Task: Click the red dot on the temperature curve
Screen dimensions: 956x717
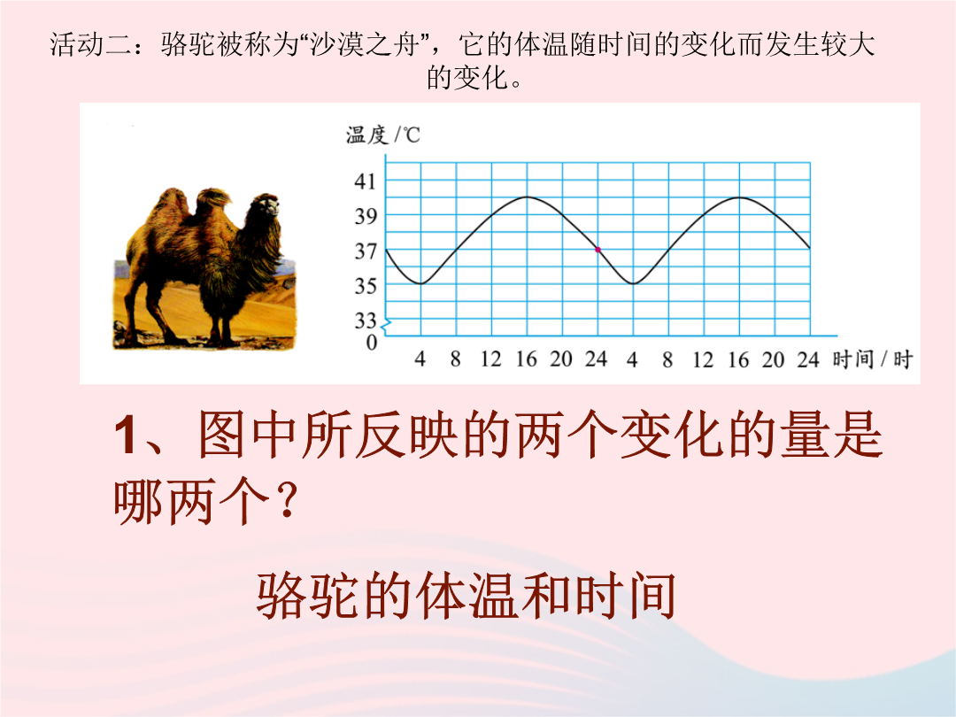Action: coord(597,250)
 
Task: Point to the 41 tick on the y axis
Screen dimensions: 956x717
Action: coord(366,181)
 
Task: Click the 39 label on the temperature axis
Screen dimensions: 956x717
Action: coord(366,216)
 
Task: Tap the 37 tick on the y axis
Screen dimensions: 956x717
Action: coord(366,251)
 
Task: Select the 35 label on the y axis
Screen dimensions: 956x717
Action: coord(366,285)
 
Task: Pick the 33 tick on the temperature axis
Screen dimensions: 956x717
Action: coord(366,320)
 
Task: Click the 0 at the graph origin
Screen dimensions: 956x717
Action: coord(371,343)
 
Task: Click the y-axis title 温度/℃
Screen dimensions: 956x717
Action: coord(383,135)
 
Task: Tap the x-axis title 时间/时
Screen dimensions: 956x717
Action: coord(873,359)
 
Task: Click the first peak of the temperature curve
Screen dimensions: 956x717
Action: coord(527,197)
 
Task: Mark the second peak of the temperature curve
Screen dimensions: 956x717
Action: coord(739,197)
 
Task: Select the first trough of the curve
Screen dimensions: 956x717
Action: coord(420,283)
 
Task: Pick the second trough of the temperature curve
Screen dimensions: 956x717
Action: coord(633,283)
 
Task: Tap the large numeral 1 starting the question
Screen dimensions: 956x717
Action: coord(125,435)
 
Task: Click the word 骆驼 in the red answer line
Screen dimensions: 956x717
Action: coord(309,596)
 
